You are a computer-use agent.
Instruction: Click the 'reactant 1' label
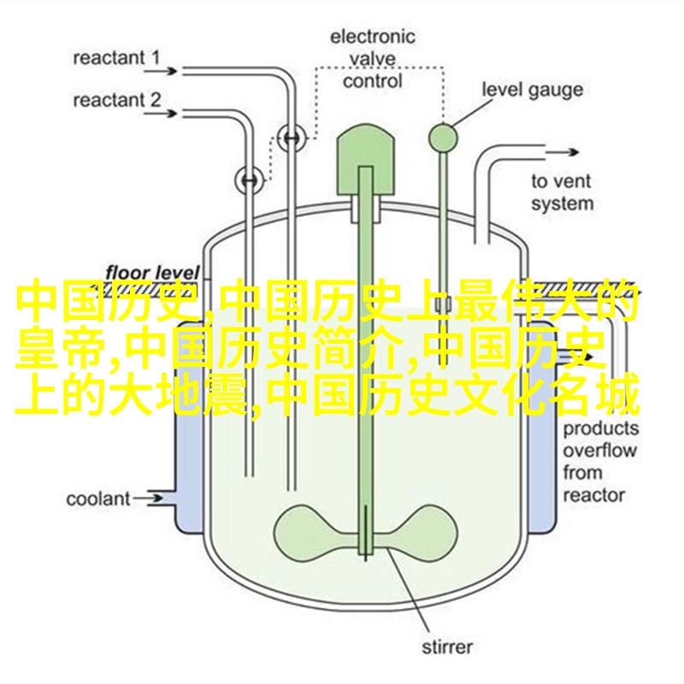click(x=116, y=59)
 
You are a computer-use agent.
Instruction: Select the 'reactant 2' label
click(x=116, y=100)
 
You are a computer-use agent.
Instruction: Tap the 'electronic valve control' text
click(x=373, y=58)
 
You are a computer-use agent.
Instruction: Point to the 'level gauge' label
click(x=533, y=89)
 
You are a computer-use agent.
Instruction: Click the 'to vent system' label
click(x=561, y=192)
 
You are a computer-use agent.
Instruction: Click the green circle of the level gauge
click(x=443, y=134)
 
